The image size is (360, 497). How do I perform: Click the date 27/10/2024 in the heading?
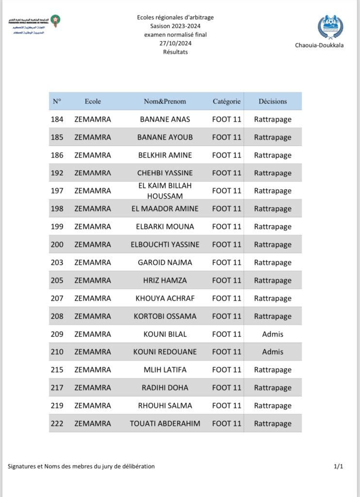[x=175, y=44]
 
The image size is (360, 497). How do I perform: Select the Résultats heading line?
[x=175, y=52]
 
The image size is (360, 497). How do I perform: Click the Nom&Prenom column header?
[x=165, y=101]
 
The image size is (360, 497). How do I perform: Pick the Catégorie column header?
[x=227, y=101]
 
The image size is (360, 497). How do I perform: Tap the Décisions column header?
[x=273, y=101]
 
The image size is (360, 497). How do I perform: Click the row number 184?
[x=57, y=119]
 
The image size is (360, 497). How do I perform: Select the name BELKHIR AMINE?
[x=165, y=155]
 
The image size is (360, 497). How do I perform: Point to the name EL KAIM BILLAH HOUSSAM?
[x=165, y=191]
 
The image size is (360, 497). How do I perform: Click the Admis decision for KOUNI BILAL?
[x=273, y=334]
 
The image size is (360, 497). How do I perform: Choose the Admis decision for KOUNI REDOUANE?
[x=273, y=352]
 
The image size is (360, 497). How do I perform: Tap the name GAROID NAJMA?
[x=165, y=263]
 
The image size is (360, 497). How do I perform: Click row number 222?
[x=57, y=424]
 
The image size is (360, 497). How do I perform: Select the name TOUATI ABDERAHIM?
[x=165, y=424]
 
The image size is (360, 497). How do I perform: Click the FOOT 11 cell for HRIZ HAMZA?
[x=227, y=281]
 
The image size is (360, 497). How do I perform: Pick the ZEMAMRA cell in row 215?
[x=93, y=370]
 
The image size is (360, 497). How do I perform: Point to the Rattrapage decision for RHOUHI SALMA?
[x=273, y=406]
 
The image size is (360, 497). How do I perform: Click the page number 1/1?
[x=338, y=466]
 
